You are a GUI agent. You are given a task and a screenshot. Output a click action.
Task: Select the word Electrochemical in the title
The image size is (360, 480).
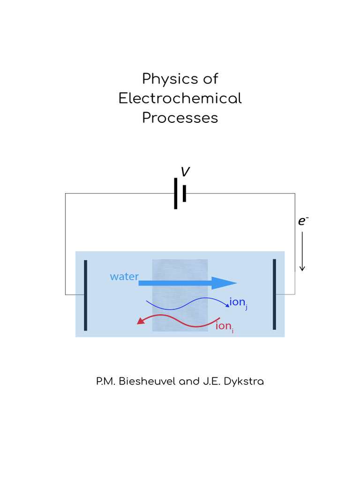(x=180, y=98)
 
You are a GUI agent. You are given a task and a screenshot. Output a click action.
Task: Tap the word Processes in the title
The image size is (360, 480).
(x=180, y=118)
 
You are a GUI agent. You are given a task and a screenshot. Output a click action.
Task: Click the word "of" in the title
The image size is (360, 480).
(x=210, y=79)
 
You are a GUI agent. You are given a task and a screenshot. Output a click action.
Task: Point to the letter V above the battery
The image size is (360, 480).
(x=185, y=172)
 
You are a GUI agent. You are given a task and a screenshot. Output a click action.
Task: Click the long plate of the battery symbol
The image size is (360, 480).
(x=176, y=193)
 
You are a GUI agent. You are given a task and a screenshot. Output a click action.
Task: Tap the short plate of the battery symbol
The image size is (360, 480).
(x=185, y=193)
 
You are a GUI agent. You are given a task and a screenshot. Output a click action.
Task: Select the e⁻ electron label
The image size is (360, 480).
(x=303, y=221)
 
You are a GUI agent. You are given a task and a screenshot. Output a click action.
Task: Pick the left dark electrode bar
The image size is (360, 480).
(x=85, y=295)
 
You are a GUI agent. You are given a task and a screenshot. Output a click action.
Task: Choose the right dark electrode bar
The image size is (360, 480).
(x=274, y=294)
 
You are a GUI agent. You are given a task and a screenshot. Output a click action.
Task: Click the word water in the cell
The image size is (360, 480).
(x=124, y=277)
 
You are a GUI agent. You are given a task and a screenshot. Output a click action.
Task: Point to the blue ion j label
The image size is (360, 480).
(x=238, y=302)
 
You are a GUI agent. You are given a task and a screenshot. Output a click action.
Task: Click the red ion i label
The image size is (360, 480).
(x=224, y=326)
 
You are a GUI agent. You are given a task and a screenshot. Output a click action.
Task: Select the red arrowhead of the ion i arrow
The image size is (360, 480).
(x=139, y=321)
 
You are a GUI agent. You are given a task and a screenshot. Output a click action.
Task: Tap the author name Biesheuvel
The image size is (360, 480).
(x=147, y=382)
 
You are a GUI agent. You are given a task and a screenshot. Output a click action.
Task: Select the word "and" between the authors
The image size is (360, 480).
(x=190, y=382)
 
